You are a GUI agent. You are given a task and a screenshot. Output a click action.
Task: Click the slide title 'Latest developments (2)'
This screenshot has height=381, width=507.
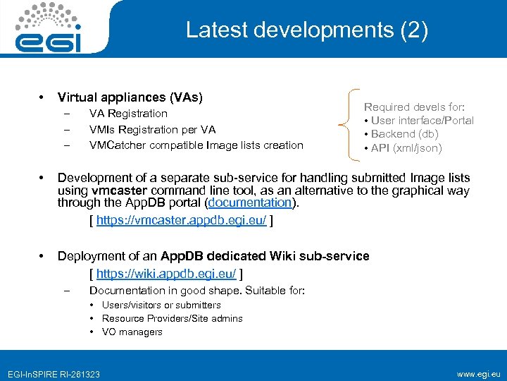tap(306, 31)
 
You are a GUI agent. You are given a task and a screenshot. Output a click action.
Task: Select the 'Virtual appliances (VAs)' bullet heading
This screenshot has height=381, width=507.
tap(130, 97)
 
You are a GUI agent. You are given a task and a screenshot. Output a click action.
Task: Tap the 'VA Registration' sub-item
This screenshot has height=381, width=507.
tap(128, 114)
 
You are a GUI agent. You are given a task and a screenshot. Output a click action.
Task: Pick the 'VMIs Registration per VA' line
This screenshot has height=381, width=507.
tap(152, 130)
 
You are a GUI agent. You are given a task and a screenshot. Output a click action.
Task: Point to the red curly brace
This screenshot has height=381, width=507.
tap(352, 128)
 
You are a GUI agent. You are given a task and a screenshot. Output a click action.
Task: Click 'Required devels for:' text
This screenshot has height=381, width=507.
tap(413, 107)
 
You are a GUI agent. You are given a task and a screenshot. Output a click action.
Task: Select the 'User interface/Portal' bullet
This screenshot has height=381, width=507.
tap(422, 121)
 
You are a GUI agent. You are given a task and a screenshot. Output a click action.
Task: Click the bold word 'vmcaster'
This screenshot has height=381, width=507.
tap(115, 190)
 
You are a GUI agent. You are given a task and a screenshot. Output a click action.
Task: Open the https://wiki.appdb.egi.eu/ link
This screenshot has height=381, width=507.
tap(166, 273)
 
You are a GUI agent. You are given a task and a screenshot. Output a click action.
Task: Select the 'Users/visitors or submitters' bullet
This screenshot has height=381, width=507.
tap(161, 305)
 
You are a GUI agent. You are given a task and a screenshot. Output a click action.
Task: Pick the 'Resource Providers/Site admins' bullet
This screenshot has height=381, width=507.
tap(172, 318)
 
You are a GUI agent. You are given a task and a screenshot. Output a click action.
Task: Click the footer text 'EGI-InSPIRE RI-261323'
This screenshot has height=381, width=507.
tap(54, 373)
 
